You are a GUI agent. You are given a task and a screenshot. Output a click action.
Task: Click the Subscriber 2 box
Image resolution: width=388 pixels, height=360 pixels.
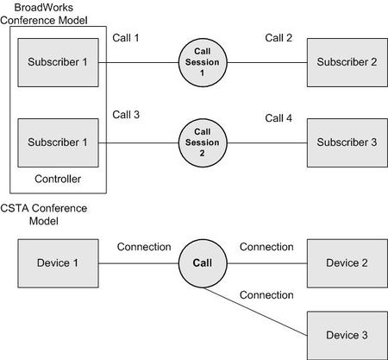[x=347, y=62]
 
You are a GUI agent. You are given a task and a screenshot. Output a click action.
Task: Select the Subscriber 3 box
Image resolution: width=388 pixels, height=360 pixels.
[x=347, y=142]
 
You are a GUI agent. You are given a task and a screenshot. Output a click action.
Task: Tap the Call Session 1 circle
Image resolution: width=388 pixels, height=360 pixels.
[x=203, y=62]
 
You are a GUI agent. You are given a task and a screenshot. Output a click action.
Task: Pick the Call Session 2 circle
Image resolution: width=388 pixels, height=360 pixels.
[x=203, y=142]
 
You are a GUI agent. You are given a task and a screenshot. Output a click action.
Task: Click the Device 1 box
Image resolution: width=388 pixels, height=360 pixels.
[x=58, y=263]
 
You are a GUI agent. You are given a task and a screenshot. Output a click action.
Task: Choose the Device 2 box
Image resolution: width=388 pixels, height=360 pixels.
[x=347, y=263]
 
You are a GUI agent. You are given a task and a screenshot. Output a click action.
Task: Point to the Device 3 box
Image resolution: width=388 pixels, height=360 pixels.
[x=347, y=336]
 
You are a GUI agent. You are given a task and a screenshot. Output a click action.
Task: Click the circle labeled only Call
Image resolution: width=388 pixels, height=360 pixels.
[x=203, y=263]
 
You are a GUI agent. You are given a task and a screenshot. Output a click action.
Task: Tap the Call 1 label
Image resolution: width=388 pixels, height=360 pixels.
[x=126, y=38]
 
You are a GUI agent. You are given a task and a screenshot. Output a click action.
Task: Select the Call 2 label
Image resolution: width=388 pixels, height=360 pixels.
[x=278, y=38]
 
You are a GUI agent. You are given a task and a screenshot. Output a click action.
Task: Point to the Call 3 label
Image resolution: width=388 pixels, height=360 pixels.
[x=126, y=115]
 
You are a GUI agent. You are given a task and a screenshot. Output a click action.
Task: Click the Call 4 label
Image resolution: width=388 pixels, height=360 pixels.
[x=278, y=118]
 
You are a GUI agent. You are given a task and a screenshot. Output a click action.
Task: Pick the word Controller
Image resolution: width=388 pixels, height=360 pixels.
[x=58, y=179]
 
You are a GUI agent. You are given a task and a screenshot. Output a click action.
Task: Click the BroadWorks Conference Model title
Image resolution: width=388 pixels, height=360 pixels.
[x=44, y=14]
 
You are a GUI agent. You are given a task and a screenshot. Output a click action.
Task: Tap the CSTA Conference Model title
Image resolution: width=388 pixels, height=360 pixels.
[x=44, y=214]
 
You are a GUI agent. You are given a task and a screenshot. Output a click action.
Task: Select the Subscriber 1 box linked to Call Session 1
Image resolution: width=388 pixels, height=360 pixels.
[x=58, y=62]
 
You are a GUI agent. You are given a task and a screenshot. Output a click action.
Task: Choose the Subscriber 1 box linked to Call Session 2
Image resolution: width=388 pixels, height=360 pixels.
[x=58, y=142]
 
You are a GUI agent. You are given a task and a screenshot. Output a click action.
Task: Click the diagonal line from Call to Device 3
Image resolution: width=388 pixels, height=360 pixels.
[x=255, y=312]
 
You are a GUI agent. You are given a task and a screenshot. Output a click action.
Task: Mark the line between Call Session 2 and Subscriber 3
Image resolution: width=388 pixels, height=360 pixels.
[x=267, y=142]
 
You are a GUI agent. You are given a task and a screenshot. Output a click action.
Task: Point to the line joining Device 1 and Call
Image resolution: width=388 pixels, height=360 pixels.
[x=139, y=263]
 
